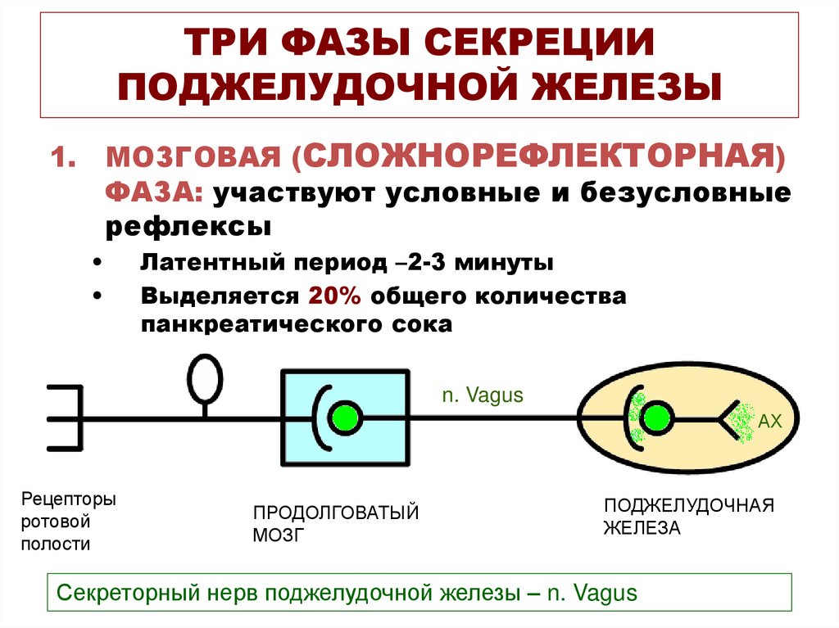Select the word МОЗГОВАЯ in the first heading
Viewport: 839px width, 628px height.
tap(196, 156)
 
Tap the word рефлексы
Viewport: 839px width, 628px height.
tap(188, 226)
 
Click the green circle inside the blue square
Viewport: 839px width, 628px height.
tap(346, 418)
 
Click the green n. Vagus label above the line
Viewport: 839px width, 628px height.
tap(483, 395)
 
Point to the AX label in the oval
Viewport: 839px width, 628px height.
tap(771, 422)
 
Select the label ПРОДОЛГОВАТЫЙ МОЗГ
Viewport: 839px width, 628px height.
tap(335, 524)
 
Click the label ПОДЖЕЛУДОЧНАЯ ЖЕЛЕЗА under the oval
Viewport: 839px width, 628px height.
tap(688, 516)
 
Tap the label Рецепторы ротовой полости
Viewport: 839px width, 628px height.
tap(68, 522)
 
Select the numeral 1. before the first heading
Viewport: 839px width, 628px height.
tap(65, 156)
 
